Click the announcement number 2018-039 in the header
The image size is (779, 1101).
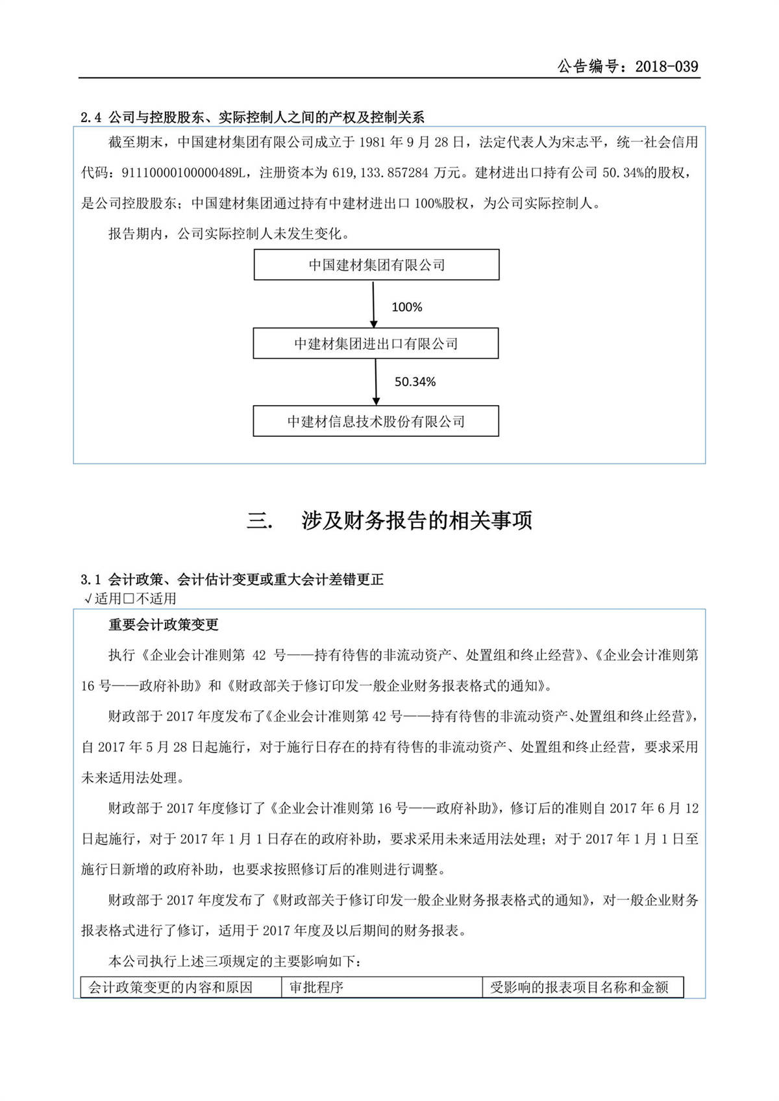[667, 66]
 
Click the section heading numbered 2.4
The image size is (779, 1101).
[253, 118]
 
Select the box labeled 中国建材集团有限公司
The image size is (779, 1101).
[377, 265]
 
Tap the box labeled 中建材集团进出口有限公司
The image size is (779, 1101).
[376, 343]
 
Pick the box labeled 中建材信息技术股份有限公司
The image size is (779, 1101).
[376, 421]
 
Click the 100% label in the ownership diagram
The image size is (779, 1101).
[407, 307]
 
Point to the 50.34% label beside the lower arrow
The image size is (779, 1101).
[415, 382]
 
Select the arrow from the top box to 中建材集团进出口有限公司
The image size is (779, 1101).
[373, 304]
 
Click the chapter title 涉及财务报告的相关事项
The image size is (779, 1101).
[417, 520]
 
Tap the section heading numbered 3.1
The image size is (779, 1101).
[232, 579]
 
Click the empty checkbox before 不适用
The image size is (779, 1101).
[129, 599]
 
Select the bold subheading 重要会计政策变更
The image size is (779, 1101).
[164, 625]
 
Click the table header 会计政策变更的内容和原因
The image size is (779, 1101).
[171, 987]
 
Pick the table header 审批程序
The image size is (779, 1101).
[317, 987]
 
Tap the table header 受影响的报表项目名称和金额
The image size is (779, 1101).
[579, 987]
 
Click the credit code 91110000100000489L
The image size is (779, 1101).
[186, 173]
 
